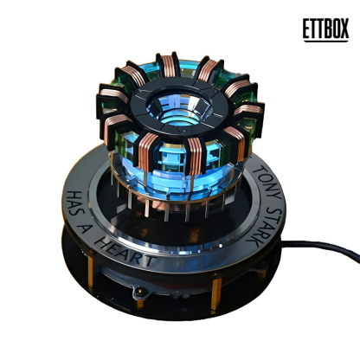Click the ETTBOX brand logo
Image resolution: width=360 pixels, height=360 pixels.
coord(325,30)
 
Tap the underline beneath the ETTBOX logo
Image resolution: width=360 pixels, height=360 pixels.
coord(326,42)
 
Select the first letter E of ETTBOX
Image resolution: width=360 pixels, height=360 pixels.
coord(306,28)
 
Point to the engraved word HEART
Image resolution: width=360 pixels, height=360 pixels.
coord(125,252)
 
